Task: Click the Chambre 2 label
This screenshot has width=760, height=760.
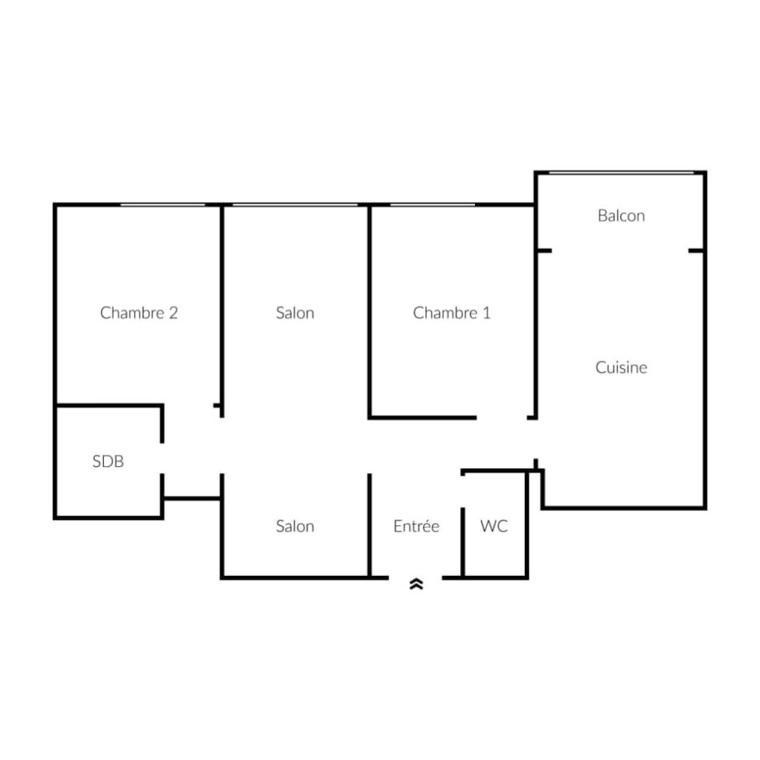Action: (139, 313)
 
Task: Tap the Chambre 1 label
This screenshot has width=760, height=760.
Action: (452, 313)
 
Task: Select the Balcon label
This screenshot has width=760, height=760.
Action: (621, 216)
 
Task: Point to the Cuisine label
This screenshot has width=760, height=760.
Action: (621, 368)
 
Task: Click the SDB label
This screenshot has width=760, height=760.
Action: (108, 461)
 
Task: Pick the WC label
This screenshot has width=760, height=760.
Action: (494, 525)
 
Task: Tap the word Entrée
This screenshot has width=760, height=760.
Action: (416, 525)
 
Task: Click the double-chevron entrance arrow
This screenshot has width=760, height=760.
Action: (416, 584)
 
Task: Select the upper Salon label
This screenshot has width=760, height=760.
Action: (295, 313)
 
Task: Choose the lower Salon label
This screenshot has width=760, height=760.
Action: (295, 525)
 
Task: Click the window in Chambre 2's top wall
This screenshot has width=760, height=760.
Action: (163, 205)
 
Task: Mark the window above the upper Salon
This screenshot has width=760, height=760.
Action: (295, 205)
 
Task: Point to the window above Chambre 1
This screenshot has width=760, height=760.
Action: (433, 205)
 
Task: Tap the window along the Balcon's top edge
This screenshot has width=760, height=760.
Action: (622, 173)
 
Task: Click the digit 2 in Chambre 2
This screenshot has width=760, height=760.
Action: (173, 313)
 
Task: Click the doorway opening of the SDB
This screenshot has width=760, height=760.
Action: (162, 458)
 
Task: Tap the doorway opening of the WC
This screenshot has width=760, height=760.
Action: (463, 492)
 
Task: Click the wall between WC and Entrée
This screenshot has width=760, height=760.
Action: (463, 543)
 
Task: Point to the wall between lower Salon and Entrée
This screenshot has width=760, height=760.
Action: (369, 525)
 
